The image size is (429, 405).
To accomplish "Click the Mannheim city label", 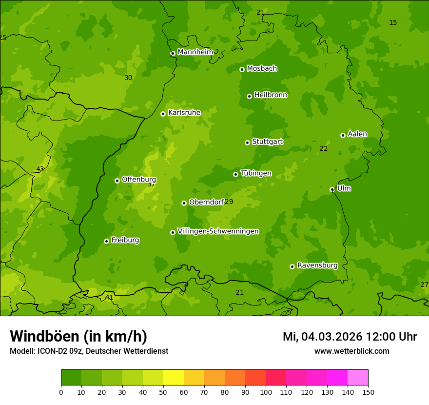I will [195, 52].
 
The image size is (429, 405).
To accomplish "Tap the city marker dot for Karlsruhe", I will [163, 114].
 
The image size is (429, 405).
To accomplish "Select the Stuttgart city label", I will [267, 142].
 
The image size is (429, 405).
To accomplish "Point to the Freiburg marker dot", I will [106, 241].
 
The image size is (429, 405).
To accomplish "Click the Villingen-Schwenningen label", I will [218, 231].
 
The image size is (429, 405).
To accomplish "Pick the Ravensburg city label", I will [317, 265].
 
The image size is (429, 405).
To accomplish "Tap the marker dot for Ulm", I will [332, 189].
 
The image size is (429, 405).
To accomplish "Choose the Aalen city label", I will [357, 134].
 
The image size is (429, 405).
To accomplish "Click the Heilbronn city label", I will [270, 95].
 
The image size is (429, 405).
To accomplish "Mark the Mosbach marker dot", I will [242, 69].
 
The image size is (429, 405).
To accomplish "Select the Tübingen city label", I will [255, 173].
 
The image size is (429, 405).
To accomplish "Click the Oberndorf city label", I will [206, 202].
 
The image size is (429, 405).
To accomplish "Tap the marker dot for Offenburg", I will [117, 181].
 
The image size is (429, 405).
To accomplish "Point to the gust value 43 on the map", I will [40, 169].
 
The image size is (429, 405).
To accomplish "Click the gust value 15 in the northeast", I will [393, 23].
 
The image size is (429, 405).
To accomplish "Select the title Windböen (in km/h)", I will [78, 336].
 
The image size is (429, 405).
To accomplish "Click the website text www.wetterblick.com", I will [351, 351].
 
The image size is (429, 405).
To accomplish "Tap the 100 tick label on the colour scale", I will [266, 392].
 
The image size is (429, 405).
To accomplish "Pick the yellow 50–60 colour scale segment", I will [174, 377].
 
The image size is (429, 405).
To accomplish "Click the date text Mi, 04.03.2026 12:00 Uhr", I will [350, 337].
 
